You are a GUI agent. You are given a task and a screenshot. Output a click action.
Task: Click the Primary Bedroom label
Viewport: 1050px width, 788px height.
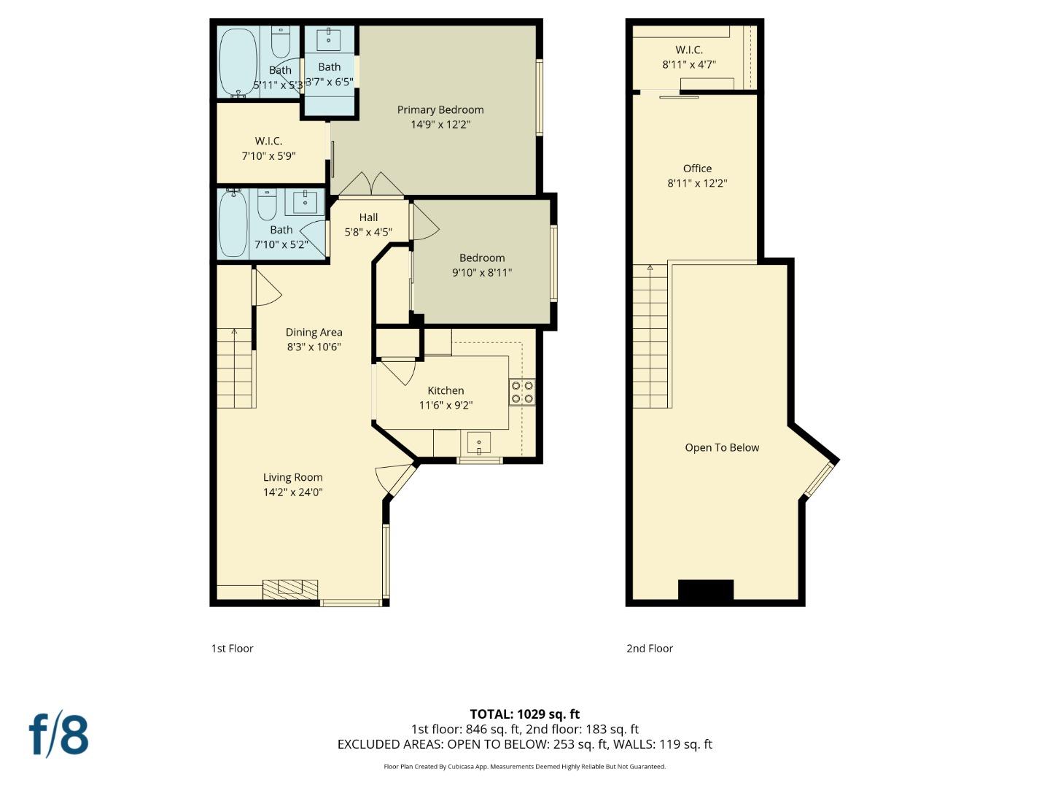pos(440,109)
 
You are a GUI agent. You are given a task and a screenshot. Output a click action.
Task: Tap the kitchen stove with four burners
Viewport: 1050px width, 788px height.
pos(521,392)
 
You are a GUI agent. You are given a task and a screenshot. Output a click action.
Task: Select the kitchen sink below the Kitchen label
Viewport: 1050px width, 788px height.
pos(479,443)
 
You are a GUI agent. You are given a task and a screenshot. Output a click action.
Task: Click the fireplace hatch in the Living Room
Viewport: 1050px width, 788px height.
pos(290,589)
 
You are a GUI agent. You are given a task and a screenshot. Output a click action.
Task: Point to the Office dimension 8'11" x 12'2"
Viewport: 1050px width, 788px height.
pos(697,183)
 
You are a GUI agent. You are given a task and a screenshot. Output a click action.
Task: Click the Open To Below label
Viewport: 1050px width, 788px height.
pos(722,447)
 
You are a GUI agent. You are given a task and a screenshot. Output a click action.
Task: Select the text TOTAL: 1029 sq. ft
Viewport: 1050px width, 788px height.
pos(524,714)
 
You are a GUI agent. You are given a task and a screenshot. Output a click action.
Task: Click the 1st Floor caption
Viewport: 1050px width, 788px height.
pos(232,648)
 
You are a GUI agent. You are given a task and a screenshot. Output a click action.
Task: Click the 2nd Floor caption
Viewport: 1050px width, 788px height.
pos(649,648)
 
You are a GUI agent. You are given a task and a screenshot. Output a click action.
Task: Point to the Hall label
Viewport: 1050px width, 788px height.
pos(368,217)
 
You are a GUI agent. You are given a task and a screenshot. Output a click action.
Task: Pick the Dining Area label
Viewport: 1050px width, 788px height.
pos(314,332)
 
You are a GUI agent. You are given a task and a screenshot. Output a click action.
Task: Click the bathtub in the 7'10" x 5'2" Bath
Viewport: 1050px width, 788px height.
pos(233,223)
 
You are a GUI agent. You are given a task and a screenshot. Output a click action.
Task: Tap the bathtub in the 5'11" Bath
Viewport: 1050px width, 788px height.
pos(238,62)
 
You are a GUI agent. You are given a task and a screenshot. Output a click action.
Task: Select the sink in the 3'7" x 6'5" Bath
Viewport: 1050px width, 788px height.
pos(329,39)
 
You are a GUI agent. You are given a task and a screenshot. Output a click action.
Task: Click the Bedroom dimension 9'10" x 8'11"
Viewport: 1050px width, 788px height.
pos(482,273)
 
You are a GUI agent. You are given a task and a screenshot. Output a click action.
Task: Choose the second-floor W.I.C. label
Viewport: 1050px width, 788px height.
pos(688,50)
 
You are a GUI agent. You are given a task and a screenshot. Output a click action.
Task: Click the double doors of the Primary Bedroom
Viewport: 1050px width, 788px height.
pos(371,184)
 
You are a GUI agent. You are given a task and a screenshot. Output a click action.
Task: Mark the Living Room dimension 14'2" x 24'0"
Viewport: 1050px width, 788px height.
pos(292,492)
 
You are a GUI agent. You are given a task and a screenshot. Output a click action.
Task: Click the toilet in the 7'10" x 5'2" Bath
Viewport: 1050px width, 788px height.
pos(267,205)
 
